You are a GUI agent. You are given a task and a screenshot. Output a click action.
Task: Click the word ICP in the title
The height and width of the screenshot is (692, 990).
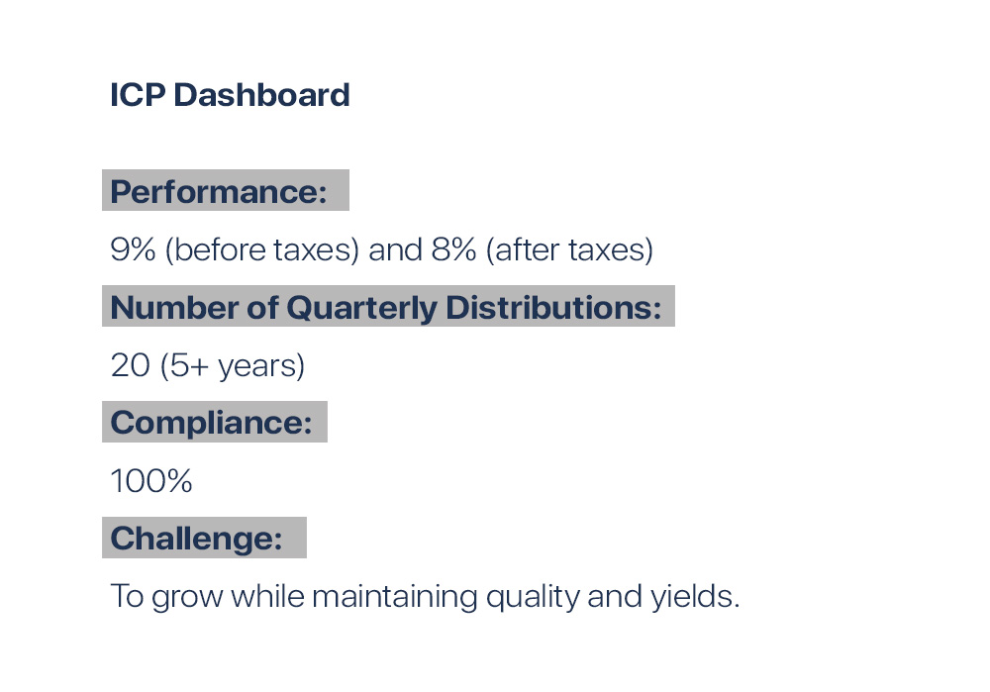[138, 95]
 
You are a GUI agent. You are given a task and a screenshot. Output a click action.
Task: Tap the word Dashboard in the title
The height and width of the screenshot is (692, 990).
[261, 95]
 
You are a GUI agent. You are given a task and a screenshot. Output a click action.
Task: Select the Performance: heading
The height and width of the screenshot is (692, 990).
[219, 191]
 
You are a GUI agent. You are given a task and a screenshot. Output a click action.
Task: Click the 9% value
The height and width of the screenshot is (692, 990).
[133, 249]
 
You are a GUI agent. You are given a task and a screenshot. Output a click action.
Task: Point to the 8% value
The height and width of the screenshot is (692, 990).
[454, 249]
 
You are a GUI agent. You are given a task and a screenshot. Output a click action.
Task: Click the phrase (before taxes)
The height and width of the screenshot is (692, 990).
[262, 249]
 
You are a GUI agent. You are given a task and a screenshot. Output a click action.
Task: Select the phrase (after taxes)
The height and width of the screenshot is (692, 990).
[569, 249]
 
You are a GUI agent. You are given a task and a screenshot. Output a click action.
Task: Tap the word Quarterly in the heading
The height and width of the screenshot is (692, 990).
[361, 308]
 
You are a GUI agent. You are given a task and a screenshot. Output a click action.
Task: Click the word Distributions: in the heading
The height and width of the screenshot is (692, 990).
[553, 308]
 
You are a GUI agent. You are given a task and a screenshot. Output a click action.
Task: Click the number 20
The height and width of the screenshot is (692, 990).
[130, 365]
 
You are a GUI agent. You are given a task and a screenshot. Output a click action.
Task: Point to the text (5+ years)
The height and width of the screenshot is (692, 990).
[233, 365]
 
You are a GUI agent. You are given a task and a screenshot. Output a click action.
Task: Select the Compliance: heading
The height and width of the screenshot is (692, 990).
[212, 423]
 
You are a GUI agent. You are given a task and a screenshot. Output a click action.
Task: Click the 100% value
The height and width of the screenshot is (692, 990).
[151, 481]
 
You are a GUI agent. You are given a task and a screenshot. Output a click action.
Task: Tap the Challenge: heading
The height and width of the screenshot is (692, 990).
[196, 539]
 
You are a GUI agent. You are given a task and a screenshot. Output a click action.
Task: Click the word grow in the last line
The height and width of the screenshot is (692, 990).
[187, 597]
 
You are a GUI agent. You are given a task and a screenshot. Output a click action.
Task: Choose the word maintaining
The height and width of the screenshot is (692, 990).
[395, 596]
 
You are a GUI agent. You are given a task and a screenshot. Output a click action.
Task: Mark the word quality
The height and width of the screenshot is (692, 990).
[533, 597]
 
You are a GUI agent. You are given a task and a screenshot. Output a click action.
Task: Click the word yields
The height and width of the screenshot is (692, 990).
[695, 596]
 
